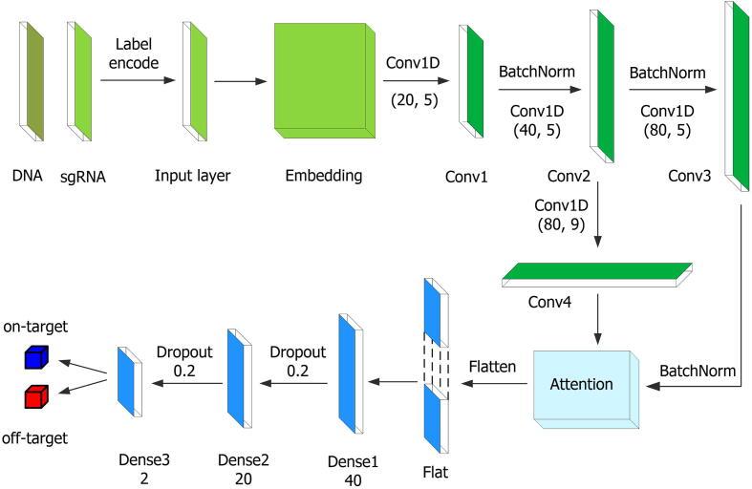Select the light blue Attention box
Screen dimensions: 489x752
pos(583,385)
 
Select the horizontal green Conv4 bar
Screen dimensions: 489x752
pos(597,274)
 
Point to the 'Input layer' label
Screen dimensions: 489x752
pos(193,176)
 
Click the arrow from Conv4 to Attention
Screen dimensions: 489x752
pos(598,319)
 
